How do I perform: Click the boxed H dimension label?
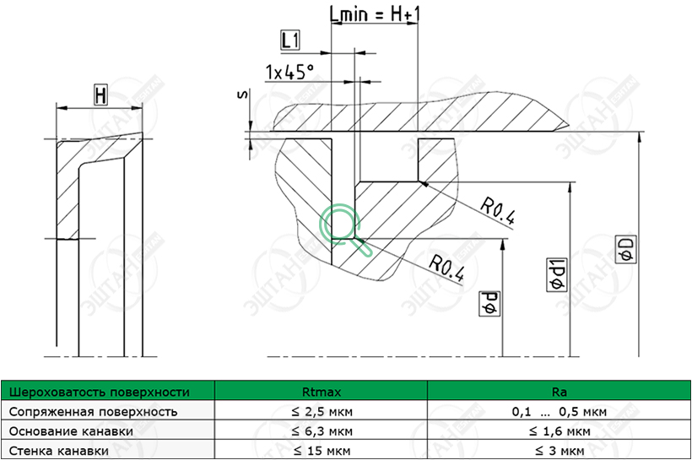pos(100,95)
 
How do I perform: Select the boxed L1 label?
pos(290,41)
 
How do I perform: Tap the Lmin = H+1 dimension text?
pos(374,14)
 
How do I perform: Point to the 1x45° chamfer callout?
pos(289,72)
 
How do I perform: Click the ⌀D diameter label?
pos(626,250)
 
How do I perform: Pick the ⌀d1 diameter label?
pos(557,274)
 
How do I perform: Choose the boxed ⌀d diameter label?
pos(489,304)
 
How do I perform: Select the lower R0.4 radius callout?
pos(446,268)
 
